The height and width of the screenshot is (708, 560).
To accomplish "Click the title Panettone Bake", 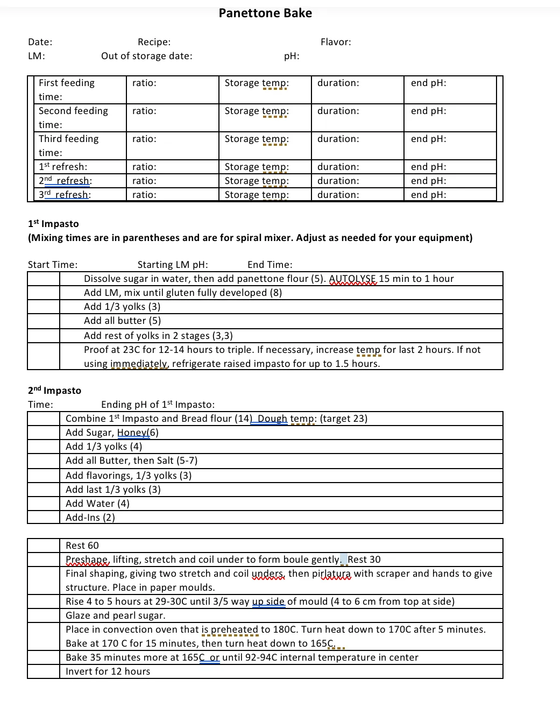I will (265, 13).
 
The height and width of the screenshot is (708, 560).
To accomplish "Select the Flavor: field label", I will (336, 42).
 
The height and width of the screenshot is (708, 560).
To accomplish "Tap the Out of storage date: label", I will (146, 56).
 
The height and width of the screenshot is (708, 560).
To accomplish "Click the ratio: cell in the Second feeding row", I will (145, 111).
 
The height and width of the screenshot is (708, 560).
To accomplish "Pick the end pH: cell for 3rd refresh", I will (429, 195).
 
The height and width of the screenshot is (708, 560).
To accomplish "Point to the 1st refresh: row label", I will (63, 167).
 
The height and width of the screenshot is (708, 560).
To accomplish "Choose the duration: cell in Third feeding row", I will (338, 139).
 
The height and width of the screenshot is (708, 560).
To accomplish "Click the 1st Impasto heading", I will (53, 224).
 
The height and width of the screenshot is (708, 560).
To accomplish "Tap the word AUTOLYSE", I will (352, 279).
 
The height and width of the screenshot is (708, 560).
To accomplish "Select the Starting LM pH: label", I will (173, 265).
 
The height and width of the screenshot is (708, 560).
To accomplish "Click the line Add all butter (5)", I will (123, 321).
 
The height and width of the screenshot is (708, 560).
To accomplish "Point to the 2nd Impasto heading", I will (54, 391).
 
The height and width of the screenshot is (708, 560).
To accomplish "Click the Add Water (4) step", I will (97, 504).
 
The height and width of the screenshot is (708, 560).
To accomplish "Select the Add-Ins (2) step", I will (90, 518).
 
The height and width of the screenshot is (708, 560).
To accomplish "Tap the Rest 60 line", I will (82, 546).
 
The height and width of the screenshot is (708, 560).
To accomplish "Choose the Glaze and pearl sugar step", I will (116, 615).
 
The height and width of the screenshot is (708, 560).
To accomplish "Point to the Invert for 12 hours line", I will (108, 671).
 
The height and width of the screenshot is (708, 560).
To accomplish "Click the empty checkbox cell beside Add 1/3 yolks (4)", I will (44, 447).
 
